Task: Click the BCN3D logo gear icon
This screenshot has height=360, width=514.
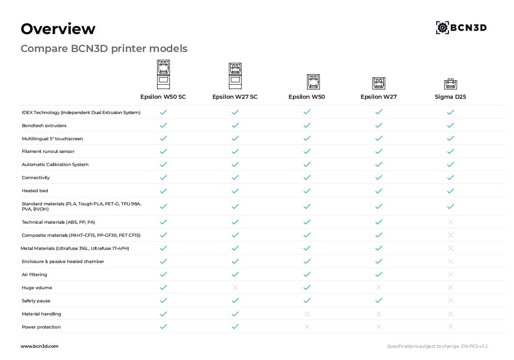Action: tap(442, 28)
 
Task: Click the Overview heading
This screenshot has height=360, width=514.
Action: tap(58, 29)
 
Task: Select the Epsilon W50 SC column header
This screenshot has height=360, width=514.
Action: tap(163, 97)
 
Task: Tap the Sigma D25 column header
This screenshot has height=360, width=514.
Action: tap(450, 97)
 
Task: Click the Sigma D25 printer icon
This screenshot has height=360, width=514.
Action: tap(450, 84)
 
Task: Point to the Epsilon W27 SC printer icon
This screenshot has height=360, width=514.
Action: tap(235, 76)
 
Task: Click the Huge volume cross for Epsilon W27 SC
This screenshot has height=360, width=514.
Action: tap(235, 287)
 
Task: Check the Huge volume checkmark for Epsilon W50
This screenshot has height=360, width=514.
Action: tap(307, 287)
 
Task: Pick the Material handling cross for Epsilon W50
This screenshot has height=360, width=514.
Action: tap(307, 314)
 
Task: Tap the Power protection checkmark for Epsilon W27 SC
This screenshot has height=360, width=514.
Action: tap(235, 327)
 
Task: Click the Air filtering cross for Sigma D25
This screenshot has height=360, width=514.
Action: tap(450, 274)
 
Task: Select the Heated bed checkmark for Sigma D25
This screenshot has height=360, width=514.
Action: tap(450, 190)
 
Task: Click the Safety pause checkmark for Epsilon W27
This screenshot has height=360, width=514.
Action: tap(379, 301)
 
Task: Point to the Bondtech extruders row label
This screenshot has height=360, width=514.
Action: tap(44, 125)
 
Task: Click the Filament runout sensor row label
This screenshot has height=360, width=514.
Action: tap(48, 151)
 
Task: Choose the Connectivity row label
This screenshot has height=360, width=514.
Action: tap(36, 177)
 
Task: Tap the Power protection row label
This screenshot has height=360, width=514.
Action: tap(41, 327)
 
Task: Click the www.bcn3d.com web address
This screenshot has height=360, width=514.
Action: tap(39, 346)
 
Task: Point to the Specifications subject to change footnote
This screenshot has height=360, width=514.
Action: tap(437, 346)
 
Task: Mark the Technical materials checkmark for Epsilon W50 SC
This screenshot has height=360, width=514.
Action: tap(163, 222)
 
